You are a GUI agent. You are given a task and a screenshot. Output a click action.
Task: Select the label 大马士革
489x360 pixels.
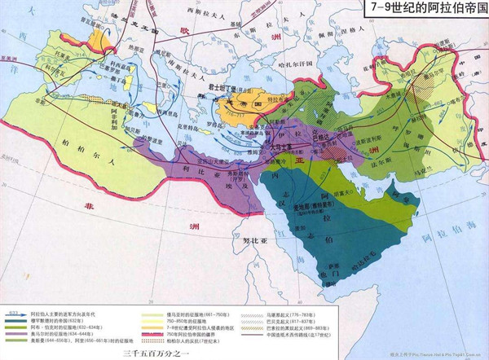[x=275, y=138]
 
